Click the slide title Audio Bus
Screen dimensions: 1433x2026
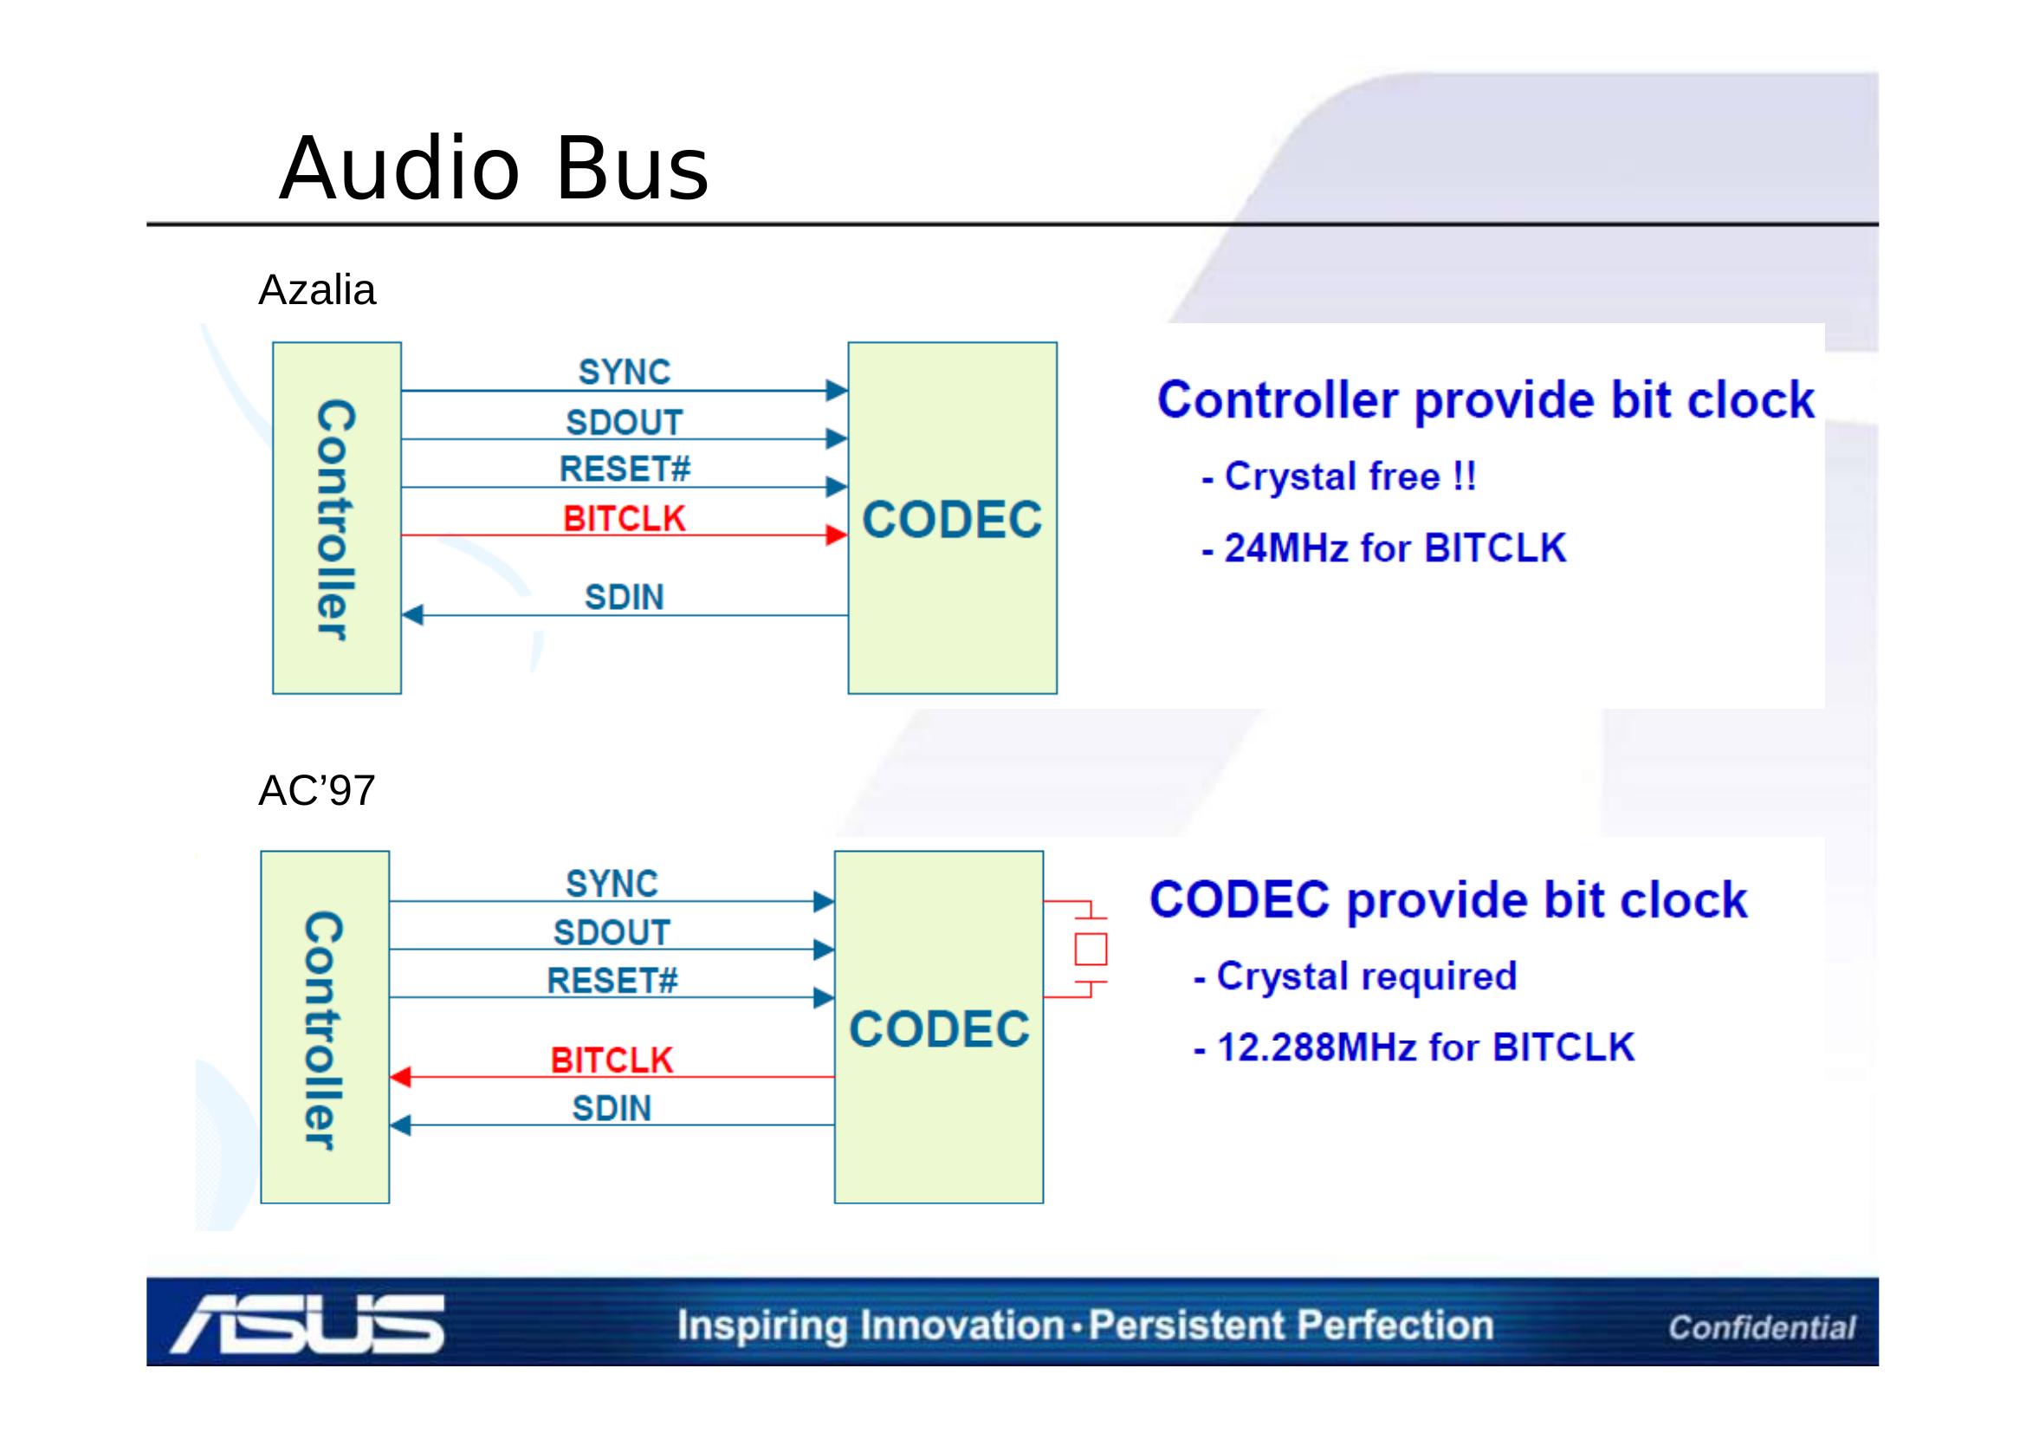pos(493,168)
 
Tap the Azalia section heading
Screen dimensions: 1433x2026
pos(317,290)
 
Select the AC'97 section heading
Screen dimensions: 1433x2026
pos(317,791)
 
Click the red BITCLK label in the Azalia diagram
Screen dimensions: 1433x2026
pos(624,519)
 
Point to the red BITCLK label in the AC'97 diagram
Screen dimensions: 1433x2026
pos(612,1060)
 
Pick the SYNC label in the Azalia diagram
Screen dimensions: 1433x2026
pos(624,373)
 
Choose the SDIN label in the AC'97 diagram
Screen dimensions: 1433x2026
pos(612,1108)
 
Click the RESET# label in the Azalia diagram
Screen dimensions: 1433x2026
pos(625,469)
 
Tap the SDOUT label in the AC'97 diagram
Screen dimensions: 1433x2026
pos(612,933)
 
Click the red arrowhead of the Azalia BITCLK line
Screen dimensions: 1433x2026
pos(836,535)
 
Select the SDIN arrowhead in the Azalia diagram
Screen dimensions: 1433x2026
pos(413,615)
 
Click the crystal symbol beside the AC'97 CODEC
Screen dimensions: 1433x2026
pos(1090,950)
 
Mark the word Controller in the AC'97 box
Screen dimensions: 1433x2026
pos(323,1030)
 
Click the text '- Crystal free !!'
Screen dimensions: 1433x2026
pos(1338,477)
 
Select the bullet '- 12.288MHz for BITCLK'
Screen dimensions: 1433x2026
pos(1414,1047)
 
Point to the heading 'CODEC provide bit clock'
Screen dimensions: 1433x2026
pos(1448,900)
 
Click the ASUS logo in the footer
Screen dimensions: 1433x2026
pos(308,1324)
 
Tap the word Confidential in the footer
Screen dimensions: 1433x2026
pos(1761,1327)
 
